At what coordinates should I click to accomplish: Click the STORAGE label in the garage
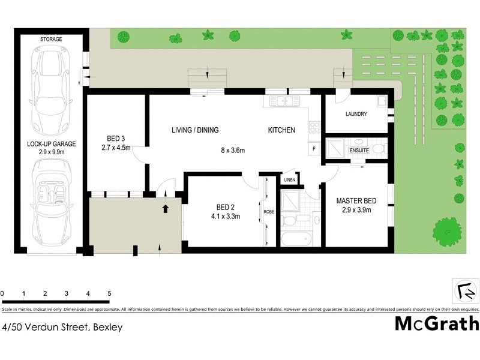[51, 39]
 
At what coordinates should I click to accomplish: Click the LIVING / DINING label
[195, 130]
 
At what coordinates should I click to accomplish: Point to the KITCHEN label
[281, 130]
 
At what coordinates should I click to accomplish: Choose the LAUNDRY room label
[356, 114]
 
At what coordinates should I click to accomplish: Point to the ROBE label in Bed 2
[268, 211]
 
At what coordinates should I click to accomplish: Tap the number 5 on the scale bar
[109, 294]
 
